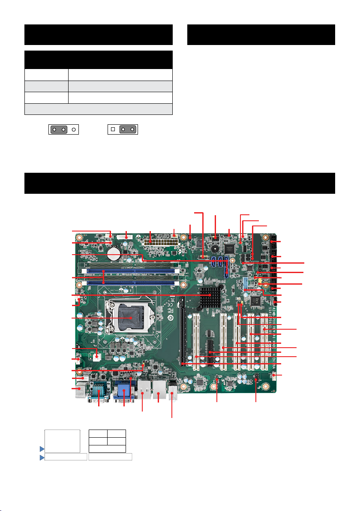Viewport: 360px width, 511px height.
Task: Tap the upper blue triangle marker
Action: [x=42, y=448]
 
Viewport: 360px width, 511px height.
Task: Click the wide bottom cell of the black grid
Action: [x=107, y=449]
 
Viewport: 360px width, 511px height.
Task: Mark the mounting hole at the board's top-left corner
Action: [x=79, y=237]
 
